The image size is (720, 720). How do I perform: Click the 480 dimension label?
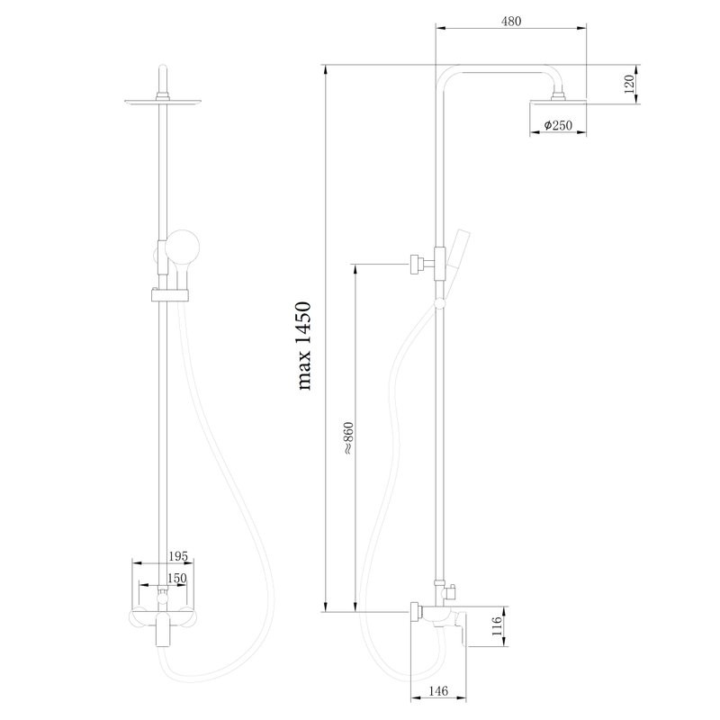(x=510, y=20)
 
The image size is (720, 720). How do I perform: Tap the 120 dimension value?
(x=630, y=86)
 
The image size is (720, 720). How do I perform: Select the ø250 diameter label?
(x=558, y=126)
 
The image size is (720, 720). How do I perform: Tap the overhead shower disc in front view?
(x=163, y=102)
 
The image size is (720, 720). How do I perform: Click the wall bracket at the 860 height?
(x=417, y=264)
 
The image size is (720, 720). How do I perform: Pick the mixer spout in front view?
(x=163, y=634)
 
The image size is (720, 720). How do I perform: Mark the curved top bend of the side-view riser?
(x=446, y=76)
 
